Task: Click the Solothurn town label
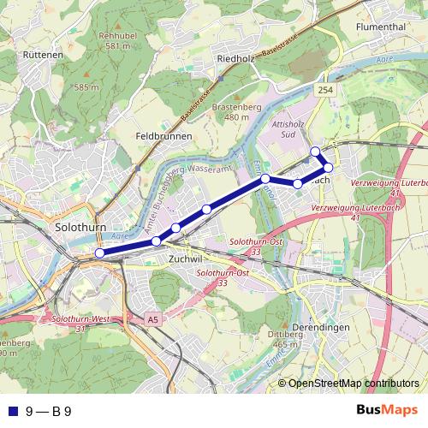[x=79, y=229]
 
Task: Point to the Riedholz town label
[x=238, y=59]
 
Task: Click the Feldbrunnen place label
[x=163, y=136]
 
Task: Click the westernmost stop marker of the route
[x=99, y=253]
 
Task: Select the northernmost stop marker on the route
[x=315, y=152]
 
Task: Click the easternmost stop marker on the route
[x=328, y=167]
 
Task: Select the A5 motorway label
[x=152, y=319]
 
